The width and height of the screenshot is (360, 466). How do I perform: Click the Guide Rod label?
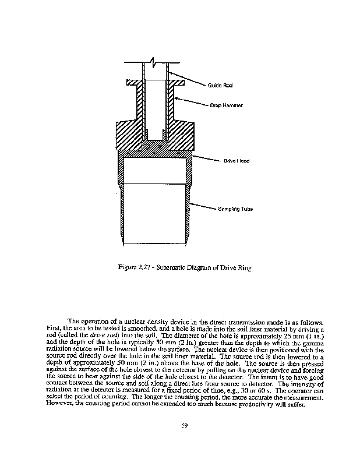coord(220,86)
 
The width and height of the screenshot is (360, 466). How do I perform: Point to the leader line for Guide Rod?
coord(186,78)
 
